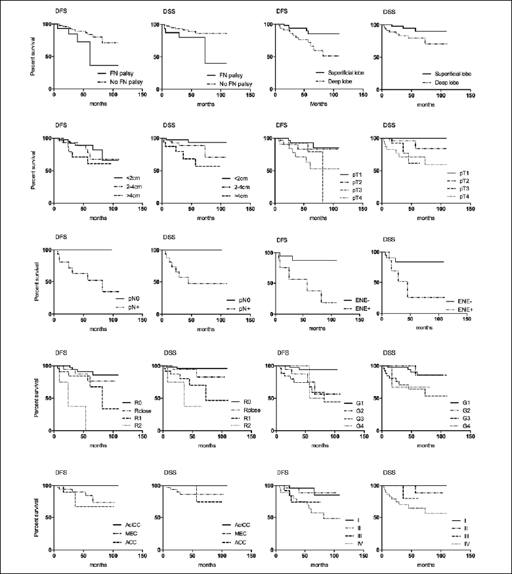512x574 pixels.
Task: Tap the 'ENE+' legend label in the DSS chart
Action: click(x=456, y=308)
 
